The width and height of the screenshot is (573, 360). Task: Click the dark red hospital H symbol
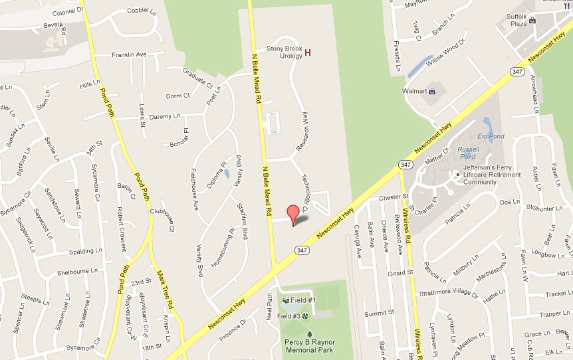coord(308,52)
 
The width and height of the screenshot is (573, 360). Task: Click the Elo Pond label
coord(491,136)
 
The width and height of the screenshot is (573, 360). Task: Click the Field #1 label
coord(302,301)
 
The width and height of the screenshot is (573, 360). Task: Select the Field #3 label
coord(288,317)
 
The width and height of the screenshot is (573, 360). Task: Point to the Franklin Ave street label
coord(129,55)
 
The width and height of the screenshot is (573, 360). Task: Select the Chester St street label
coord(393,197)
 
